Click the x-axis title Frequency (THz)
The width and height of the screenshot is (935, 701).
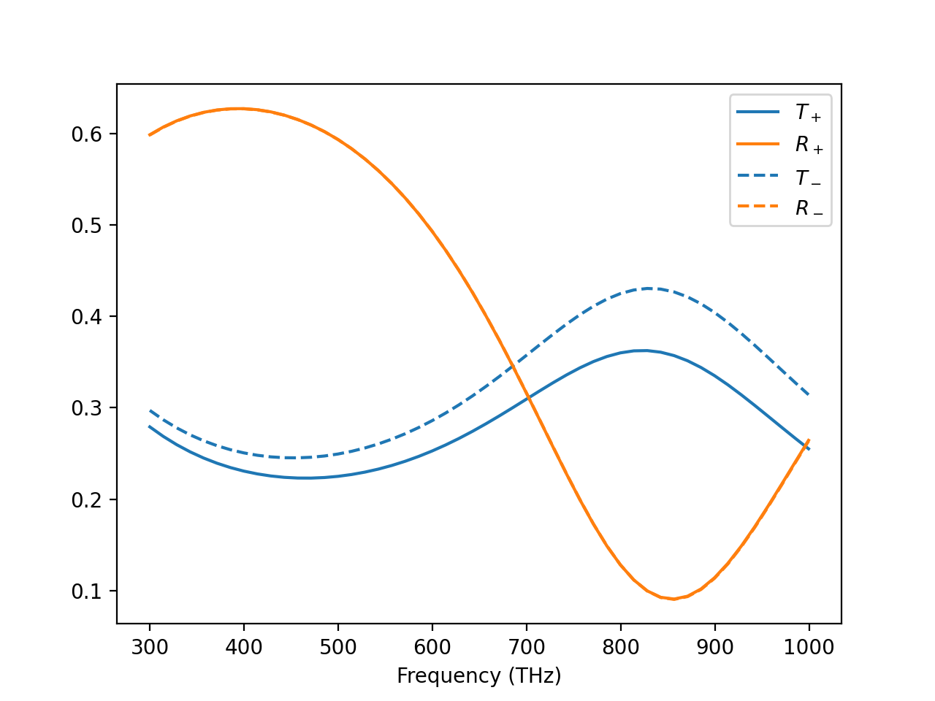tap(479, 676)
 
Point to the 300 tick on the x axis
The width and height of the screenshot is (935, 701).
tap(150, 647)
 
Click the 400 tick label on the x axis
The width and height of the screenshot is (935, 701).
tap(244, 647)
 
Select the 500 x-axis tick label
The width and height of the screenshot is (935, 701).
tap(338, 647)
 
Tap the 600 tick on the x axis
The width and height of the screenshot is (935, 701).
tap(432, 647)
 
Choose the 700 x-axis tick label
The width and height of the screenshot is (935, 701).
tap(527, 647)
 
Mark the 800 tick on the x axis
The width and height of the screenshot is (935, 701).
tap(621, 647)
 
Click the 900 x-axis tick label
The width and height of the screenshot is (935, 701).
tap(714, 647)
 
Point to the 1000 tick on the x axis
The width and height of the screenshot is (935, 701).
tap(809, 647)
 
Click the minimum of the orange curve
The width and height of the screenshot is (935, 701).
tap(673, 599)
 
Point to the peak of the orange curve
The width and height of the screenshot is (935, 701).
tap(238, 109)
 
